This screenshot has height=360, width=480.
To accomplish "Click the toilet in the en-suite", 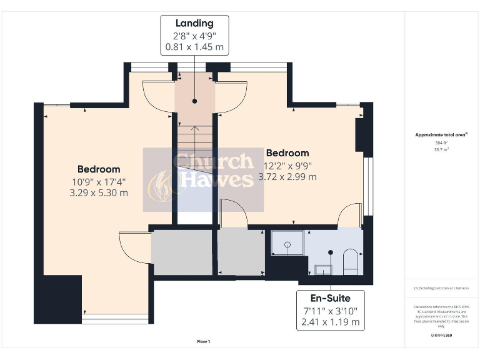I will click(350, 261).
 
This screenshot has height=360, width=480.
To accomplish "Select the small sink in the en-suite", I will click(323, 269).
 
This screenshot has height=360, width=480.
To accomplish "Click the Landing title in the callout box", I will click(194, 24).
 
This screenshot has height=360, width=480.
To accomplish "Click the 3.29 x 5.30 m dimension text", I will click(99, 192).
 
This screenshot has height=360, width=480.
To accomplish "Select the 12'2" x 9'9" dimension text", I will click(287, 166).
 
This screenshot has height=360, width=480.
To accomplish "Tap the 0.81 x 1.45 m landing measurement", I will click(194, 47).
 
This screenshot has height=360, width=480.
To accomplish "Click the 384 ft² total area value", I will click(441, 143).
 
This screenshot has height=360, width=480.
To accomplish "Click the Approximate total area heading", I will click(441, 135).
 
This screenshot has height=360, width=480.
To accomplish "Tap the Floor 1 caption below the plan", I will click(203, 341).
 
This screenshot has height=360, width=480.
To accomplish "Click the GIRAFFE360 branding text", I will click(441, 336).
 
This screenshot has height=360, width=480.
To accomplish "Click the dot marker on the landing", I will click(194, 101).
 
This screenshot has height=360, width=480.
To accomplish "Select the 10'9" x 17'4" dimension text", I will click(99, 181).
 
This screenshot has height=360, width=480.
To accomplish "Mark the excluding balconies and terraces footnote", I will click(441, 288).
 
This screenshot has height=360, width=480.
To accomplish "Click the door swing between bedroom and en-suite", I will click(350, 216).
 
